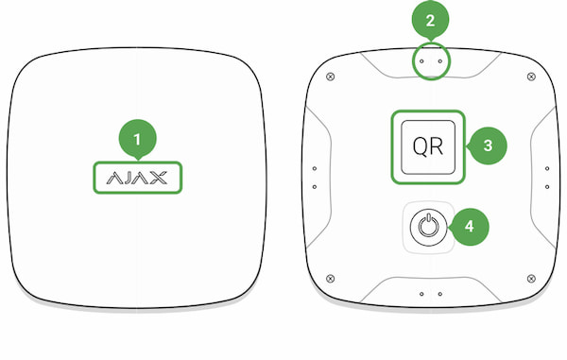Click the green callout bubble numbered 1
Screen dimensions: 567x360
pyautogui.click(x=137, y=139)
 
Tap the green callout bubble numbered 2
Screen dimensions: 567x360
pyautogui.click(x=430, y=20)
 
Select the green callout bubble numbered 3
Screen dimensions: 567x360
pyautogui.click(x=488, y=146)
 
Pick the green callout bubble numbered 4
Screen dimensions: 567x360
pyautogui.click(x=470, y=227)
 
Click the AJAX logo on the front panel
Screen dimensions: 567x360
pyautogui.click(x=137, y=178)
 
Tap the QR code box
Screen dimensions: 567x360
pyautogui.click(x=428, y=146)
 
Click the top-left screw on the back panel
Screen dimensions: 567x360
pyautogui.click(x=330, y=77)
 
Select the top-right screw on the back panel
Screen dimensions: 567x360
pyautogui.click(x=531, y=77)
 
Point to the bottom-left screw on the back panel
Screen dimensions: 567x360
pyautogui.click(x=330, y=279)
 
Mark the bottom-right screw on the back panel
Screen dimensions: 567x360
pyautogui.click(x=531, y=279)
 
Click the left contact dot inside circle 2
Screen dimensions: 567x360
pyautogui.click(x=421, y=61)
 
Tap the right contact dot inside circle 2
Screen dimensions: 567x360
pyautogui.click(x=440, y=61)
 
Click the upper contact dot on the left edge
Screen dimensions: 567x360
pyautogui.click(x=315, y=168)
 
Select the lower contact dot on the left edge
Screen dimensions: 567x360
pyautogui.click(x=315, y=187)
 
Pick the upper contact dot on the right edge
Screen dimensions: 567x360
pyautogui.click(x=547, y=168)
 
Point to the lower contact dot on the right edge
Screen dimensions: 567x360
pyautogui.click(x=547, y=187)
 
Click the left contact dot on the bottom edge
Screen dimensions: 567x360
pyautogui.click(x=421, y=294)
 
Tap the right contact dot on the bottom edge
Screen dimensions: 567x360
pyautogui.click(x=440, y=294)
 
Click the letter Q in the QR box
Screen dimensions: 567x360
pyautogui.click(x=421, y=147)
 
